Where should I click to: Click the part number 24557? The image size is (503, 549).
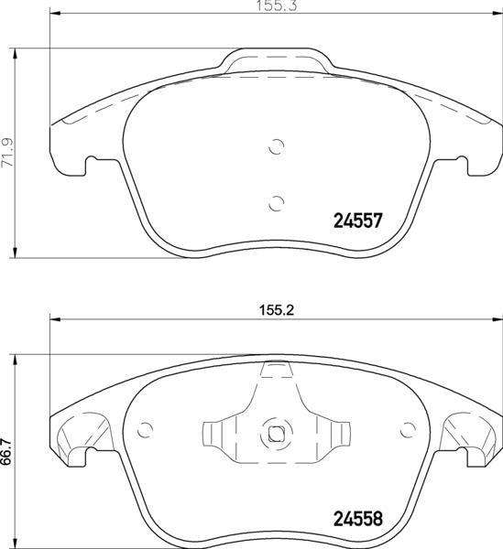[x=357, y=221]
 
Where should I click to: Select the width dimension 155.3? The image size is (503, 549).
[x=277, y=6]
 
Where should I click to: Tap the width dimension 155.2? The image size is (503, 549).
[x=277, y=310]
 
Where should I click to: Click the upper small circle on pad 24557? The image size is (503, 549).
[x=276, y=146]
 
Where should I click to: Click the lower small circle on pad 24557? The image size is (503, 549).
[x=276, y=203]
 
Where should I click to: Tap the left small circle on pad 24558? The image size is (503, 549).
[x=145, y=430]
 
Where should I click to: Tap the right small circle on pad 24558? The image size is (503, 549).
[x=408, y=430]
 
